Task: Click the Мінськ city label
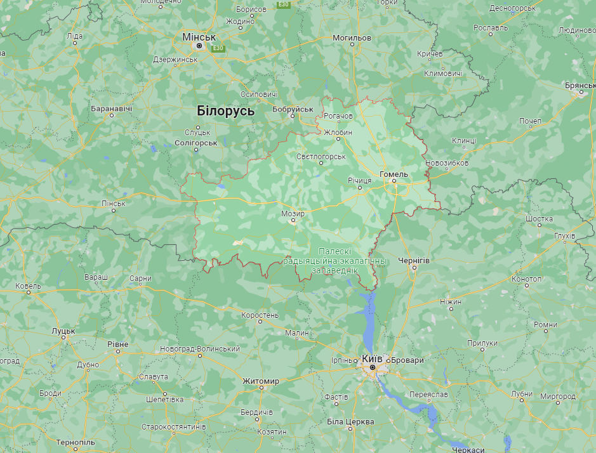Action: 199,37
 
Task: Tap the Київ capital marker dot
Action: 372,367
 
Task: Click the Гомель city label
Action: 393,174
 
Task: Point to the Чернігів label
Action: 414,261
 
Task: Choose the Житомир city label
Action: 260,381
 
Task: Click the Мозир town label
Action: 293,214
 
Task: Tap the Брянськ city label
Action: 579,85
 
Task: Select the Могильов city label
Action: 351,38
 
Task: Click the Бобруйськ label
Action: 293,109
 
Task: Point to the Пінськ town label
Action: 114,204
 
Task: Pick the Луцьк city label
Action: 63,331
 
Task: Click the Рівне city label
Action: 117,344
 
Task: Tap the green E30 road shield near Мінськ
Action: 218,48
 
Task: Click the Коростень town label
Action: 260,315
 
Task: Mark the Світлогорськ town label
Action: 321,156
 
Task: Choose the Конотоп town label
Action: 526,279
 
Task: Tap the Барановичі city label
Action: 111,108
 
